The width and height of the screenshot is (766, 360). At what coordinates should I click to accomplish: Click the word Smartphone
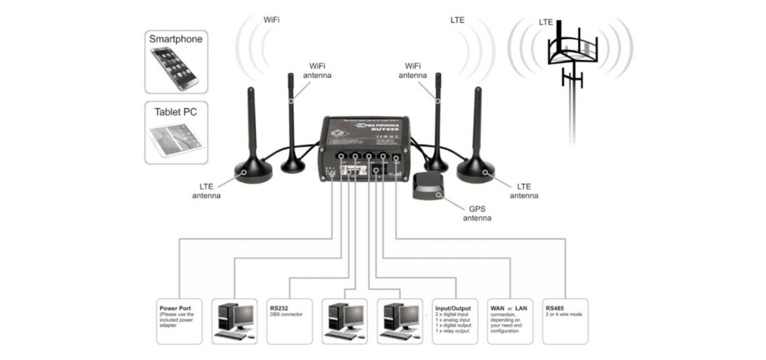(175, 38)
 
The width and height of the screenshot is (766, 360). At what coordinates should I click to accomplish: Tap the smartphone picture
(175, 68)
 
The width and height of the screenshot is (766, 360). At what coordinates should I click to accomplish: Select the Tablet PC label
(175, 111)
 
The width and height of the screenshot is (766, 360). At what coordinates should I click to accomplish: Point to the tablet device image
(175, 141)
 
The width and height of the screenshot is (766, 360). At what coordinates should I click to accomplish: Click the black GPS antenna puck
(427, 188)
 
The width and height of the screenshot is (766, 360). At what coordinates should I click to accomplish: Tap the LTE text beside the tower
(546, 22)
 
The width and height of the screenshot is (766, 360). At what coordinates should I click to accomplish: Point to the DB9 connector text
(286, 314)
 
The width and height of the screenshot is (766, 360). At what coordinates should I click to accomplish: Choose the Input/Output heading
(453, 307)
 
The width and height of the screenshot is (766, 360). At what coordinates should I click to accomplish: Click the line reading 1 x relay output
(452, 332)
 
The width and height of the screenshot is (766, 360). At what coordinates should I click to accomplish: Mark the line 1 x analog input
(452, 320)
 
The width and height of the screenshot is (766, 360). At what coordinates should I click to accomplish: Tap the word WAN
(496, 307)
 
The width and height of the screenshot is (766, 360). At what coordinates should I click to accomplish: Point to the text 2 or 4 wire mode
(565, 314)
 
